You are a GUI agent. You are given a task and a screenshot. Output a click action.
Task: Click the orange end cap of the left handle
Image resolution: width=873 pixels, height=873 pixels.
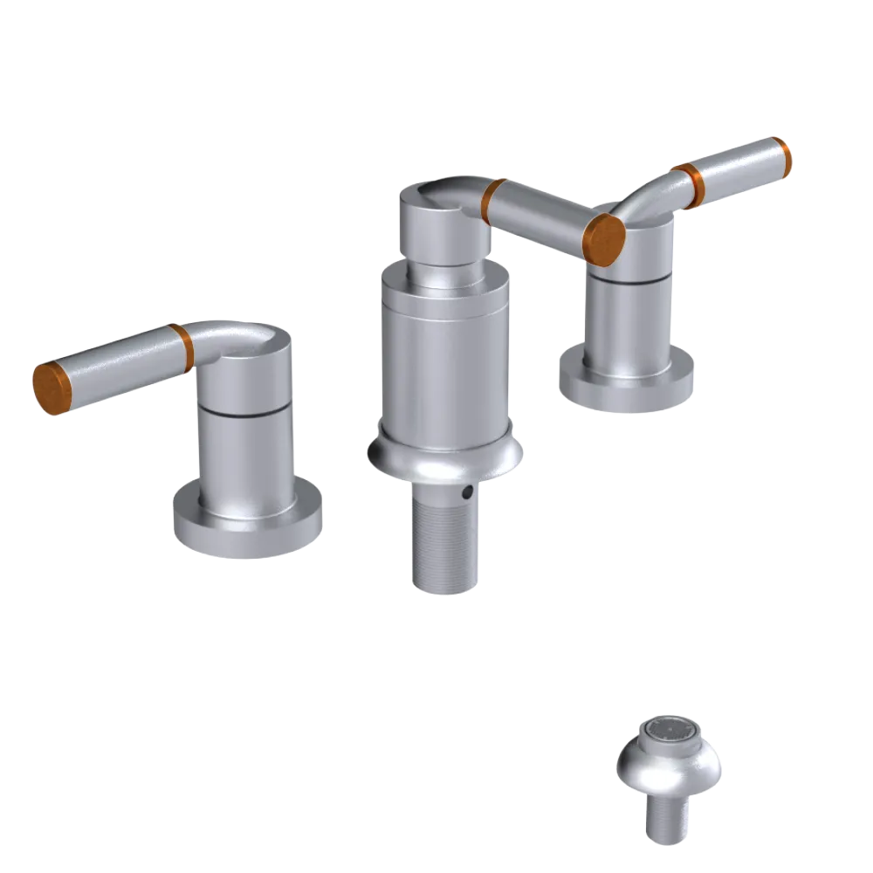coord(51,387)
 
